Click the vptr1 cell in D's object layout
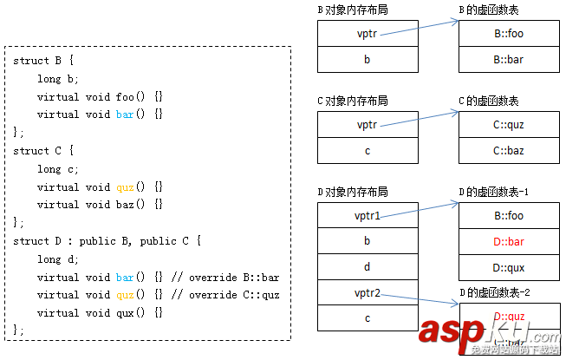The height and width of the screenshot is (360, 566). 368,215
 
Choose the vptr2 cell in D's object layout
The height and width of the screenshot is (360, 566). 368,292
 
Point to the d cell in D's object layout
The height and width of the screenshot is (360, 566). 368,266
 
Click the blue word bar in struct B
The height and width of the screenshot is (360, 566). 125,114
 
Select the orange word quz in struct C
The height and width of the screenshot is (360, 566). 125,187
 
